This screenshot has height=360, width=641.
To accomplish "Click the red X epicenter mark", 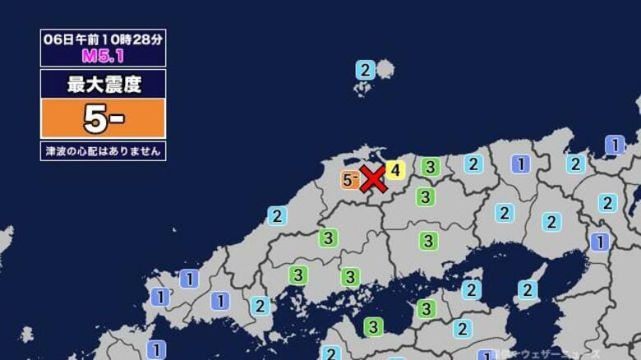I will click(x=373, y=178).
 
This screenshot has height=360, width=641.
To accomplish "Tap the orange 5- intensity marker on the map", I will click(x=350, y=179).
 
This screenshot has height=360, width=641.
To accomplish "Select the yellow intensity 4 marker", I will click(x=395, y=170).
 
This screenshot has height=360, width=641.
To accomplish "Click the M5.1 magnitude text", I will click(x=103, y=56).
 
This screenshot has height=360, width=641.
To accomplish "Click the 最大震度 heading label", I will click(x=103, y=83).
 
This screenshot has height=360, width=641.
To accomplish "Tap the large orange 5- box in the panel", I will click(x=103, y=118).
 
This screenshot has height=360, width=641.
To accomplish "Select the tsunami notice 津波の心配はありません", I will click(x=103, y=150).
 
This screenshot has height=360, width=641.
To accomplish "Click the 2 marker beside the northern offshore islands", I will click(x=365, y=70).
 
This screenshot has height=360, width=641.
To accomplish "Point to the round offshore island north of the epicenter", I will click(x=384, y=69).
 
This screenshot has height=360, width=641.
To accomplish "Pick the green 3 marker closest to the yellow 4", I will click(x=429, y=168).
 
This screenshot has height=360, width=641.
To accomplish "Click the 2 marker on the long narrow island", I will click(x=528, y=289).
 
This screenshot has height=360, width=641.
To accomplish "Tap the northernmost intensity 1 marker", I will click(x=615, y=145).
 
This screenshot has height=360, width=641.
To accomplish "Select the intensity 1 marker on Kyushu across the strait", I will click(x=155, y=349).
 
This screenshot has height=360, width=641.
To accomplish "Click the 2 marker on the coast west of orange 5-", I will click(x=278, y=215).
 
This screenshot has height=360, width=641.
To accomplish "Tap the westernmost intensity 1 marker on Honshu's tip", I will click(x=160, y=297).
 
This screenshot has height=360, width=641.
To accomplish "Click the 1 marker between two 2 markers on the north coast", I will click(x=520, y=164).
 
